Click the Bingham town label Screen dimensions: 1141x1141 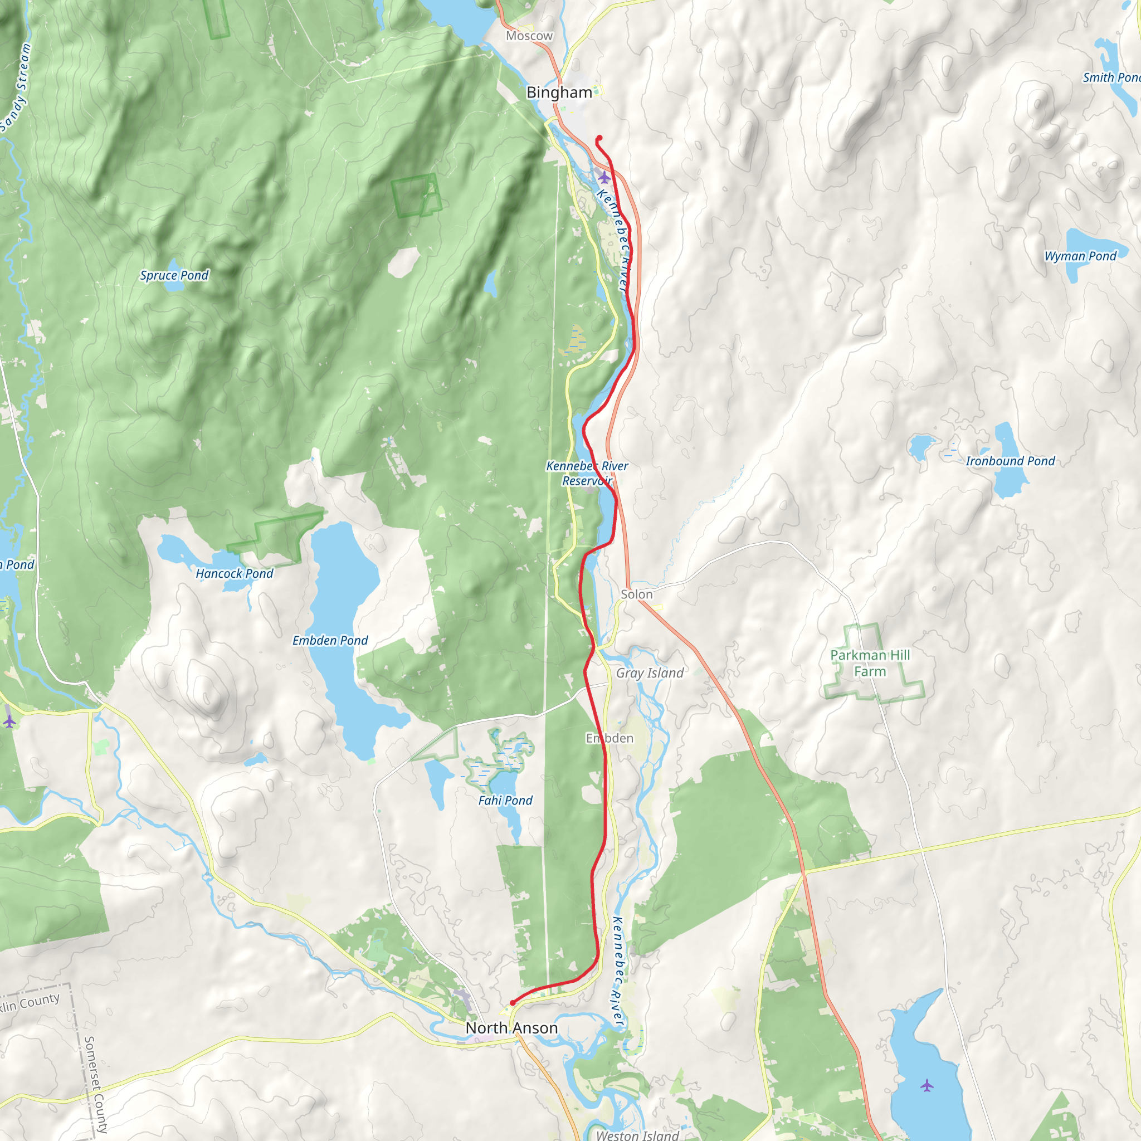pos(559,92)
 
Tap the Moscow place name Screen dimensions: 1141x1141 pos(529,36)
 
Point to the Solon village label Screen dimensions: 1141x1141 pos(637,594)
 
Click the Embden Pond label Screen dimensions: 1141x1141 pos(330,640)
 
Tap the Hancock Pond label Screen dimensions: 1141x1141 pos(235,573)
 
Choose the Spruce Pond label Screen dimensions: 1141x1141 pos(174,275)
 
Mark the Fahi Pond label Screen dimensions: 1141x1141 pos(505,800)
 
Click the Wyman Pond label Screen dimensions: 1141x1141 pos(1080,256)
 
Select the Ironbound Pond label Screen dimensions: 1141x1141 pos(1010,461)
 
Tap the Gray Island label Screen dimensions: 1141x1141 pos(650,672)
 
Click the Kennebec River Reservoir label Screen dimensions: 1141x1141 pos(587,473)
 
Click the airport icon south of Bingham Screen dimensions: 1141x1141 pos(603,177)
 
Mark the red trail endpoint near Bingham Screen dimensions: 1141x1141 pos(599,138)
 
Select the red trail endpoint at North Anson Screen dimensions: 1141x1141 pos(512,1003)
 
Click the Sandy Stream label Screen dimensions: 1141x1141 pos(16,89)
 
